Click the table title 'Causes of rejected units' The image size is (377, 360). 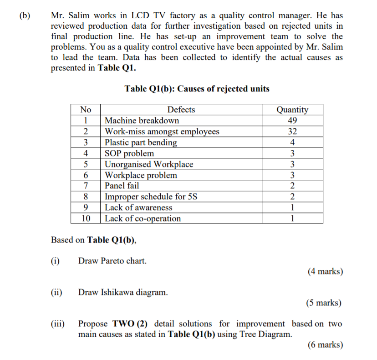tap(197, 89)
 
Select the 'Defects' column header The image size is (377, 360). tap(181, 110)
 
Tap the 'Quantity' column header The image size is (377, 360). tap(292, 110)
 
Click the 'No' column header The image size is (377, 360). tap(86, 110)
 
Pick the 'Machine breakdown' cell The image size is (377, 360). tap(142, 121)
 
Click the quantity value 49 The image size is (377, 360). tap(292, 121)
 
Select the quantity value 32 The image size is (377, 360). tap(292, 132)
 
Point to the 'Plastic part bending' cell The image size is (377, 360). tap(141, 142)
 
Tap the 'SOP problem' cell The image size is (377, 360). tap(129, 153)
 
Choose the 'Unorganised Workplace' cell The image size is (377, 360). tap(149, 164)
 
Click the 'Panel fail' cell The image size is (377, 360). tap(122, 186)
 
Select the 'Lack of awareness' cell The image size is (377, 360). tap(138, 208)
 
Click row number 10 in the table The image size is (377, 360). tap(86, 218)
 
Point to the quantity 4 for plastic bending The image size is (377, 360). tap(292, 142)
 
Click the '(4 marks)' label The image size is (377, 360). tap(325, 272)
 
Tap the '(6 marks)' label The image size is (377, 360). tap(325, 345)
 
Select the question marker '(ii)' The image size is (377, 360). tap(57, 292)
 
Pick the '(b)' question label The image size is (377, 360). tap(25, 15)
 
